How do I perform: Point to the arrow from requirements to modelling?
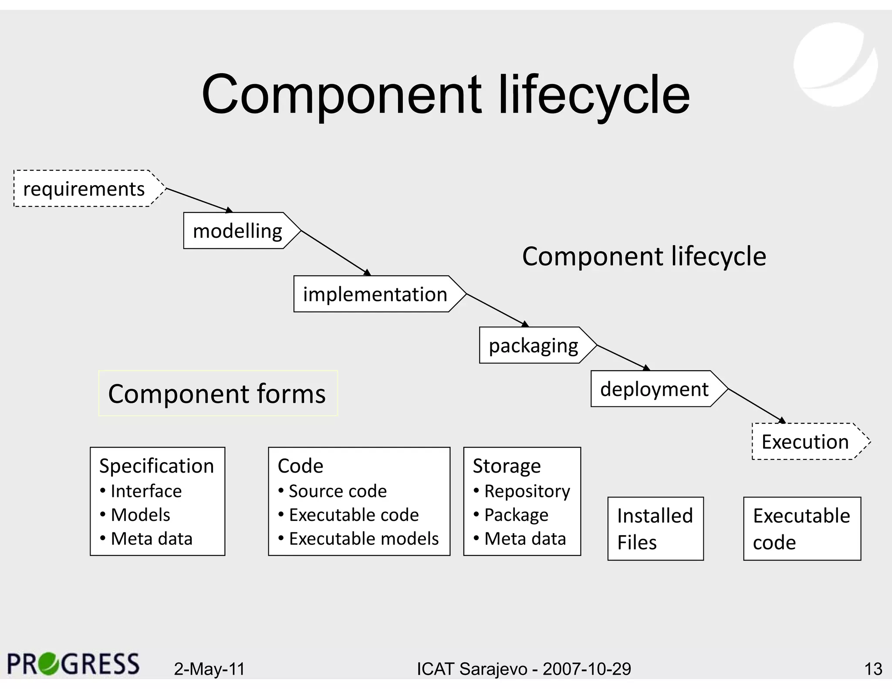198,200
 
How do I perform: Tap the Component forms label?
217,393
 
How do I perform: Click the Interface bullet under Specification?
146,491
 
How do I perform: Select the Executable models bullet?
364,539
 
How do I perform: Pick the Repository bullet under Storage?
527,491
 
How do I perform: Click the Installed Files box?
655,529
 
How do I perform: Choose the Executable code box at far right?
801,529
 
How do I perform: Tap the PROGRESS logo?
73,664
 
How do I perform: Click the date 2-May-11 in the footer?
209,669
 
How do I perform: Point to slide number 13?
873,669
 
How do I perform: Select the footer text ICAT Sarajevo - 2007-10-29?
524,669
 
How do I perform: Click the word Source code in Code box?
338,491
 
